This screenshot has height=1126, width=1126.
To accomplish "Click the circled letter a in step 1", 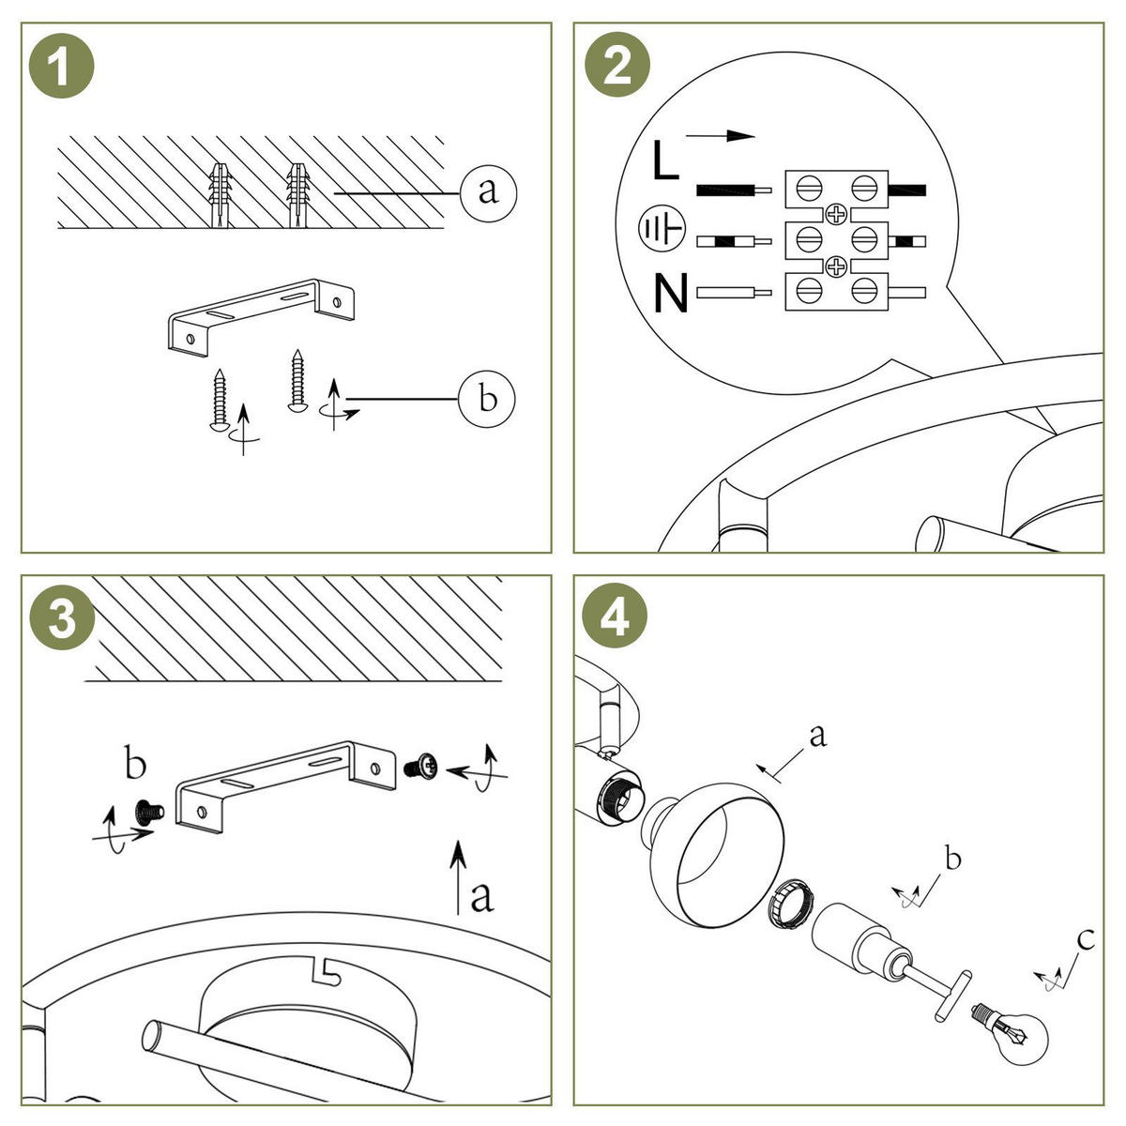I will click(x=488, y=192).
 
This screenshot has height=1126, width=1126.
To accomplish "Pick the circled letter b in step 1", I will click(x=487, y=399).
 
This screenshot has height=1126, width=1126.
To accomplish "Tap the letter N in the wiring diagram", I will click(x=670, y=294).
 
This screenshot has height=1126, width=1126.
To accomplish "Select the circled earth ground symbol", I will click(x=662, y=229).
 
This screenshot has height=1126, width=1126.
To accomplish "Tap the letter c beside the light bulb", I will click(x=1086, y=938).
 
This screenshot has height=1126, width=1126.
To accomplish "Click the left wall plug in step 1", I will click(x=220, y=194).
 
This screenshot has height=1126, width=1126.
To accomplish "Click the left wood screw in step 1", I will click(x=220, y=399).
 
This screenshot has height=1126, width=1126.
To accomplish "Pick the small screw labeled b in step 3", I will click(x=147, y=810).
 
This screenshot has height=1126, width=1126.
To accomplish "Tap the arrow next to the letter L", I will click(x=721, y=136).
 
